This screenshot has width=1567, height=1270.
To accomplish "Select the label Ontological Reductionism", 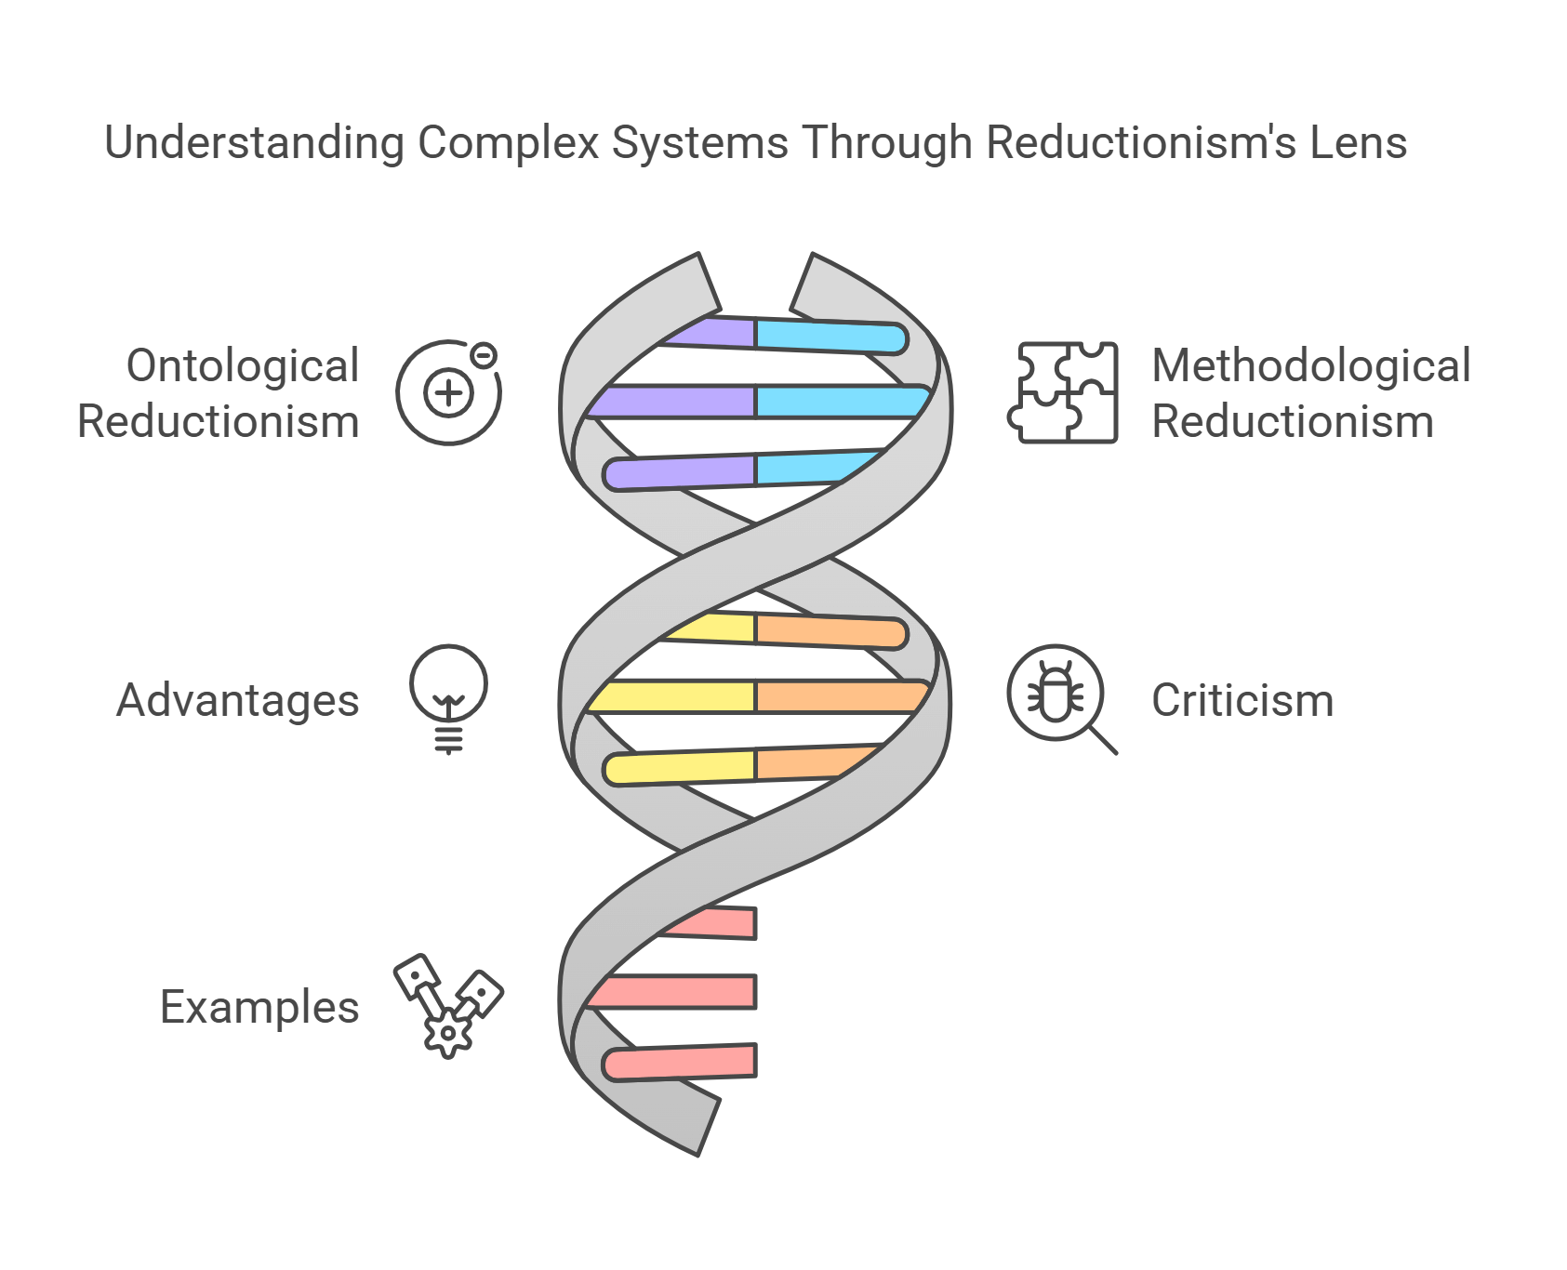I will pyautogui.click(x=219, y=393).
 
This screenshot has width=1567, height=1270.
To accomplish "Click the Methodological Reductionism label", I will pyautogui.click(x=1310, y=393).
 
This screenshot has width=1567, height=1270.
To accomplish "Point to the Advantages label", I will pyautogui.click(x=238, y=700).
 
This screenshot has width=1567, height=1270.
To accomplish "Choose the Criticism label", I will pyautogui.click(x=1242, y=700).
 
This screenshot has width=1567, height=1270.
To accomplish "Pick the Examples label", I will pyautogui.click(x=259, y=1007).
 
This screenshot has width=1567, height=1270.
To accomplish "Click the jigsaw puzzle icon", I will pyautogui.click(x=1064, y=392).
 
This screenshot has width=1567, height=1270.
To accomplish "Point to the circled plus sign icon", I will pyautogui.click(x=448, y=393).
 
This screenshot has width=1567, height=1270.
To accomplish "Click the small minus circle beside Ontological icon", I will pyautogui.click(x=484, y=355).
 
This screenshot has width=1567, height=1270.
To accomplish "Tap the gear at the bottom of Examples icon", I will pyautogui.click(x=449, y=1034).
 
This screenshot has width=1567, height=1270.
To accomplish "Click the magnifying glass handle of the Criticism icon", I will pyautogui.click(x=1103, y=740).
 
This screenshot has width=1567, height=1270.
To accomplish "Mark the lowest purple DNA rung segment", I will pyautogui.click(x=679, y=472).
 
